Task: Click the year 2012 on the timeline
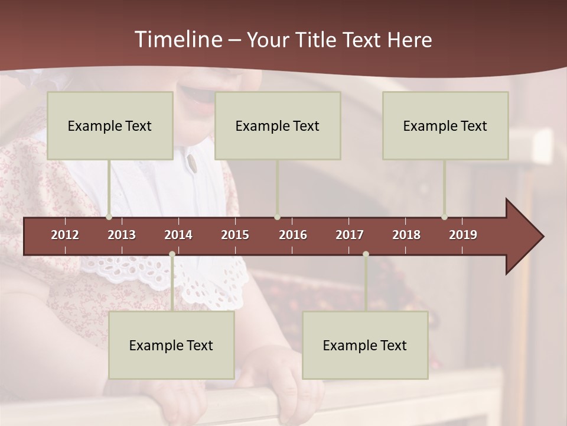point(65,235)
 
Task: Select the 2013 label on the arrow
point(122,235)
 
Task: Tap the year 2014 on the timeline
point(178,235)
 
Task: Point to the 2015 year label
point(235,235)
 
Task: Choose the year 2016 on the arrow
point(293,235)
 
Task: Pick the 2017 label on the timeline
point(350,235)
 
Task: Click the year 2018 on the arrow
point(406,235)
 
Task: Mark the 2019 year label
point(463,235)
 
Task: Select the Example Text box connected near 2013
point(110,125)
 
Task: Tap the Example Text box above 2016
point(278,125)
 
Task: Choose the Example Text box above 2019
point(445,125)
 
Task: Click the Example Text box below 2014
point(171,345)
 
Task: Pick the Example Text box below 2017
point(365,345)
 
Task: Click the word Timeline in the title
point(177,40)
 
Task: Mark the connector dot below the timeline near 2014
point(172,254)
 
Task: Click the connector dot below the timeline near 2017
point(366,254)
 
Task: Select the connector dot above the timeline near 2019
point(444,217)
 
